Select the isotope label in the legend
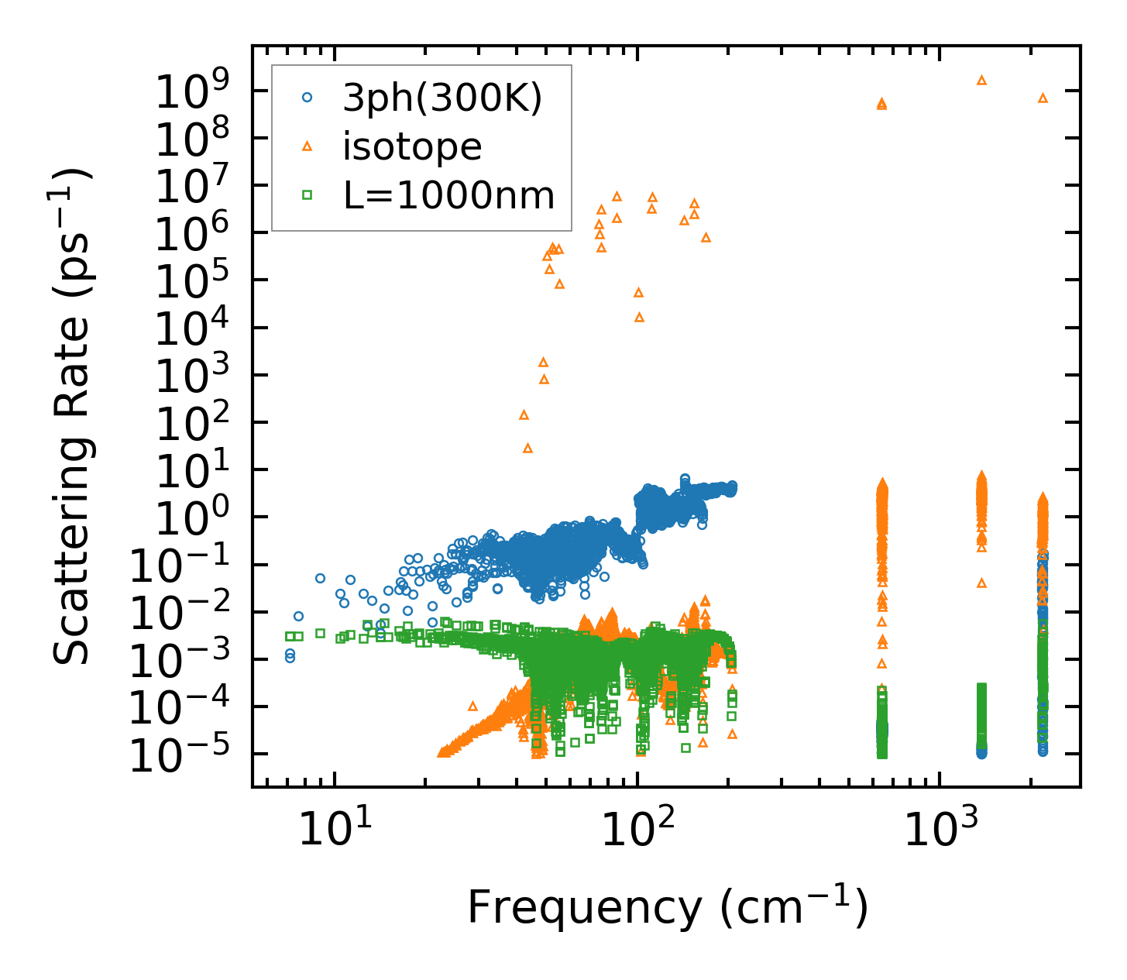coord(412,147)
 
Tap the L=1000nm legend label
coord(449,196)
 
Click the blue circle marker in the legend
coord(308,98)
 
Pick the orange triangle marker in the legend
coord(308,146)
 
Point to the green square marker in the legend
coord(308,195)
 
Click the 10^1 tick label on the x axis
coord(334,830)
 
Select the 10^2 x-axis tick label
coord(637,830)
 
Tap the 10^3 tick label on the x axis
coord(939,830)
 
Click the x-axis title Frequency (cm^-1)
coord(667,907)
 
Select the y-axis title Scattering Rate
coord(74,416)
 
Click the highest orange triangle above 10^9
coord(981,80)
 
